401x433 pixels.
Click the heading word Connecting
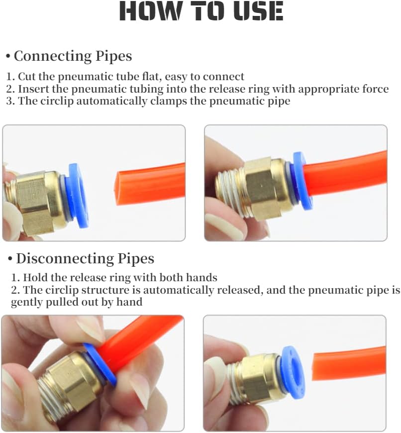click(52, 57)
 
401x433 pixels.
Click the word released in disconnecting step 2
click(240, 290)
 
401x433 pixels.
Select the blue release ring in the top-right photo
click(302, 181)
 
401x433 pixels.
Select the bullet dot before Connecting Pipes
click(8, 57)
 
